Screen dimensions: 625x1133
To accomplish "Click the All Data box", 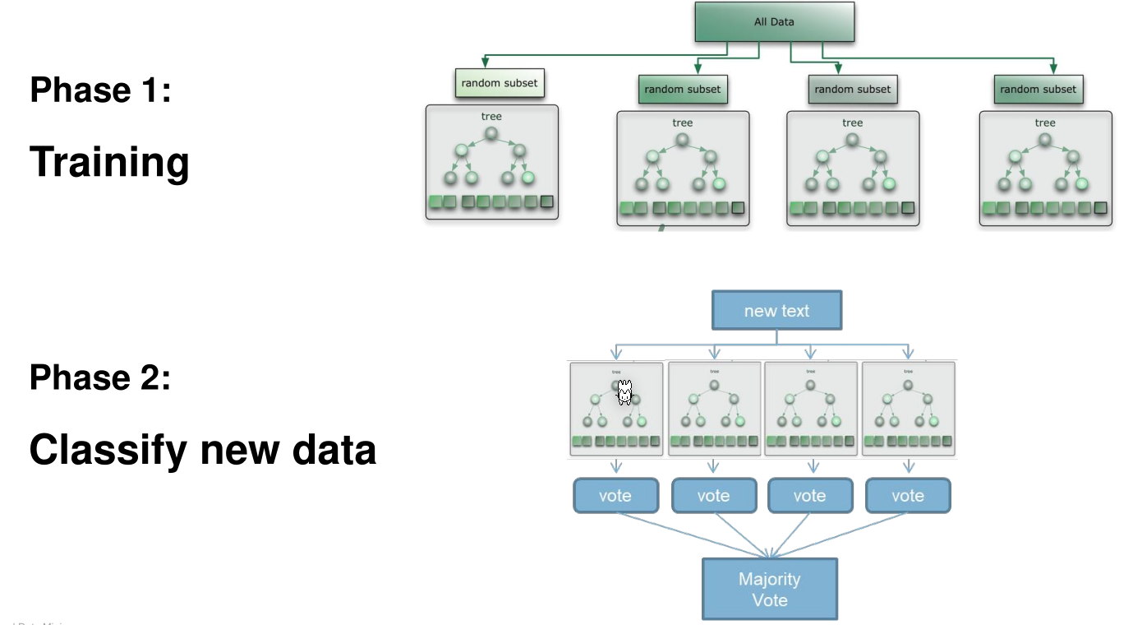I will point(774,22).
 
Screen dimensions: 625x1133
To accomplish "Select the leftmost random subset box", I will point(500,83).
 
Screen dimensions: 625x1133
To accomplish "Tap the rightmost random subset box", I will point(1038,90).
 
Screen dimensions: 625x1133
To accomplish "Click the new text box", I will point(776,311).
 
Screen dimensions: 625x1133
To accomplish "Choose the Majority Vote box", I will point(769,589).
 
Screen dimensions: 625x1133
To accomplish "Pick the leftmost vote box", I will point(615,496).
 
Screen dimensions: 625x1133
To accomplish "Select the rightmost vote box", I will point(907,496).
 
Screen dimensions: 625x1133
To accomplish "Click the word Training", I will point(109,162).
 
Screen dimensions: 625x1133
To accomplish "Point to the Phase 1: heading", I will point(100,89).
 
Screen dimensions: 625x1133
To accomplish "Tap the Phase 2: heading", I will point(100,377).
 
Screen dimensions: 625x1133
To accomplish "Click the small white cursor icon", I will point(624,393).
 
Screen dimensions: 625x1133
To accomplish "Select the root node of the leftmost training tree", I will point(491,134).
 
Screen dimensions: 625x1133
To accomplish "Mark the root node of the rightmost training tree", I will point(1044,141).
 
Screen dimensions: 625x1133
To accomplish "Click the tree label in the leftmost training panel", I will point(491,117).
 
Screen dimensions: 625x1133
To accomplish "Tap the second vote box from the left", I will point(713,496).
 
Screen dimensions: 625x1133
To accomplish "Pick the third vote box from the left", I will point(809,496).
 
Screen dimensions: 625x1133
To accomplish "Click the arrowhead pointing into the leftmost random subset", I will point(485,62).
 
